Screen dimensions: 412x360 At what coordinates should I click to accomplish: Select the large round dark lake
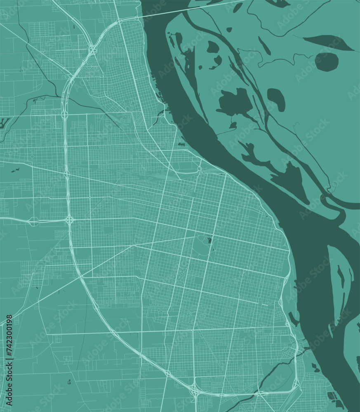tap(327, 62)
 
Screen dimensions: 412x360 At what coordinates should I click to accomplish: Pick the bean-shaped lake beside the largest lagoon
tap(276, 99)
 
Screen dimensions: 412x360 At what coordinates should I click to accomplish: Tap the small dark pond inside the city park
tap(209, 241)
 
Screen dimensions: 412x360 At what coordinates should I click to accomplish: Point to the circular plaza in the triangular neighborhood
tap(89, 66)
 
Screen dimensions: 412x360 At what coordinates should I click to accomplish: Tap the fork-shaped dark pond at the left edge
tap(5, 123)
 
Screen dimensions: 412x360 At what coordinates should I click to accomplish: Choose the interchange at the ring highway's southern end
tap(194, 389)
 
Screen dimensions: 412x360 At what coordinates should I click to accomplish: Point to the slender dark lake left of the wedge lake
tap(264, 46)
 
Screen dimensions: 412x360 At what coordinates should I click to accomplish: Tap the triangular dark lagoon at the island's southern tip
tap(295, 181)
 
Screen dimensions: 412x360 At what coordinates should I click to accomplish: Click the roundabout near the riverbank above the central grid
tap(200, 169)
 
